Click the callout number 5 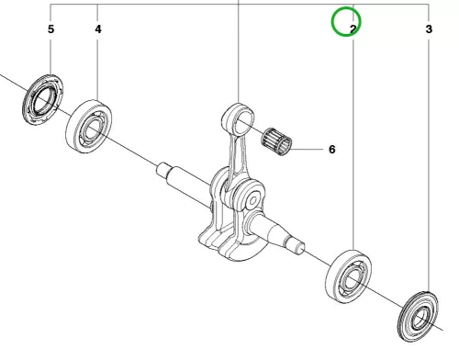(x=50, y=29)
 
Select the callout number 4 (x=98, y=29)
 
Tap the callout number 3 (x=429, y=29)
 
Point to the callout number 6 (x=332, y=150)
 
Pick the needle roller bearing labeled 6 (x=276, y=141)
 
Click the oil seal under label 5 (x=43, y=99)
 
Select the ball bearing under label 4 (x=89, y=126)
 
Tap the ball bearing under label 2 (x=348, y=276)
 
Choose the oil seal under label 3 (x=420, y=317)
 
